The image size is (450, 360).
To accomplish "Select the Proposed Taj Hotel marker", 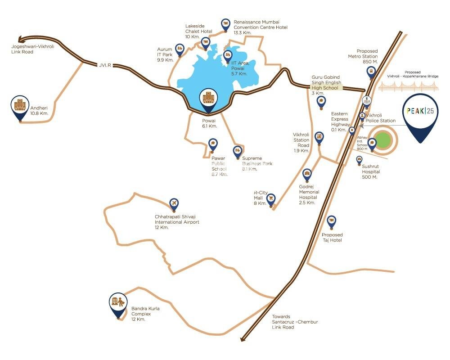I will [332, 221].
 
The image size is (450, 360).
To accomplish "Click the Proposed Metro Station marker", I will [371, 71].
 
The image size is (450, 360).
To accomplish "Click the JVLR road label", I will [104, 66].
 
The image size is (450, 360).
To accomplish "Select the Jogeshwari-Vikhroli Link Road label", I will [32, 49].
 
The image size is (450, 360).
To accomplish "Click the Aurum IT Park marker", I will [180, 49].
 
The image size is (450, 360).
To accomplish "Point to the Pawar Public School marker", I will [213, 145].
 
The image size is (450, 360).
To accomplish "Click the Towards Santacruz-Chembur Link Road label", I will [294, 322].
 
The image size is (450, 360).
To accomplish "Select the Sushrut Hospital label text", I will [371, 171].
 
